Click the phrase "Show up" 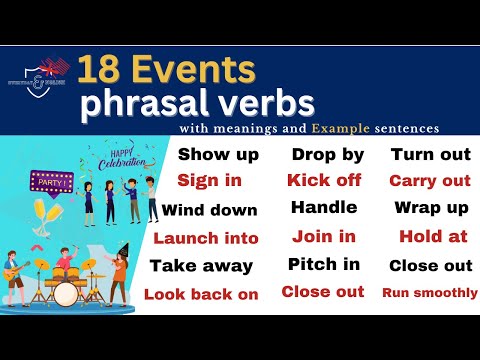click(x=218, y=154)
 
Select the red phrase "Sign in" click(x=209, y=181)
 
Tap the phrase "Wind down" click(x=210, y=210)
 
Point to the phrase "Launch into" click(x=206, y=238)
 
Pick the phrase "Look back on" click(x=201, y=294)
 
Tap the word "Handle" click(x=324, y=208)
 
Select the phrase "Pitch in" click(x=323, y=265)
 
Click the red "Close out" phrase click(x=322, y=292)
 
